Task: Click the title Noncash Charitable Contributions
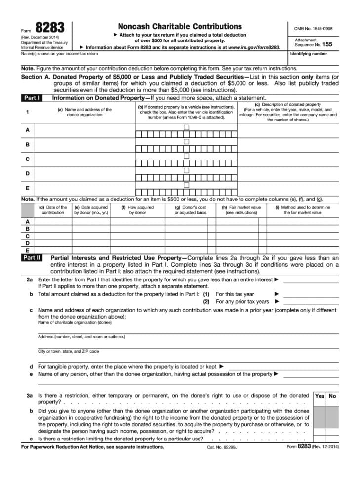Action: click(x=179, y=26)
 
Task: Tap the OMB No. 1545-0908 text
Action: click(x=313, y=28)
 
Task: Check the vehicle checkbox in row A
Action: click(x=186, y=127)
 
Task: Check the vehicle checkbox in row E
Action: click(x=186, y=185)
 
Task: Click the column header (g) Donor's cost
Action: click(x=190, y=210)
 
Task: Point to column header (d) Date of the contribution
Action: click(x=53, y=210)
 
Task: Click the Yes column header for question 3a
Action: click(x=320, y=396)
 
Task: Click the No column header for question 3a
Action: click(x=332, y=396)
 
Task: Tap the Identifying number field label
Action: click(x=309, y=54)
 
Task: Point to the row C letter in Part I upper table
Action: click(x=27, y=159)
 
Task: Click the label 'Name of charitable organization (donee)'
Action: click(x=75, y=323)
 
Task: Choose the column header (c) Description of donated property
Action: click(x=288, y=112)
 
